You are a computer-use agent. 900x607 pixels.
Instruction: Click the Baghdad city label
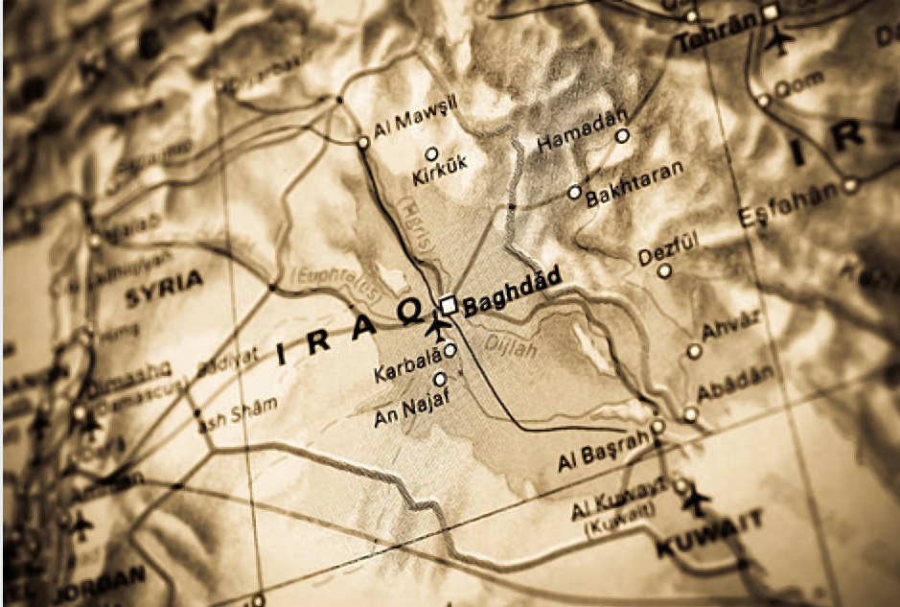pos(512,298)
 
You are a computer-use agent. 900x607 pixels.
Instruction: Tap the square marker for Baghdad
pos(448,305)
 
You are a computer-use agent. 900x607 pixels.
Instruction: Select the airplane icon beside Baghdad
pos(439,328)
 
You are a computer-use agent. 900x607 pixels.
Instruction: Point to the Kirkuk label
pos(440,176)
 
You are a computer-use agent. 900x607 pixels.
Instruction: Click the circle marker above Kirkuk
pos(431,152)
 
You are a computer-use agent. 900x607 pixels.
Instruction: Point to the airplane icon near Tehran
pos(782,41)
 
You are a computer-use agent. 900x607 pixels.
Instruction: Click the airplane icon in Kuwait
pos(698,500)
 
